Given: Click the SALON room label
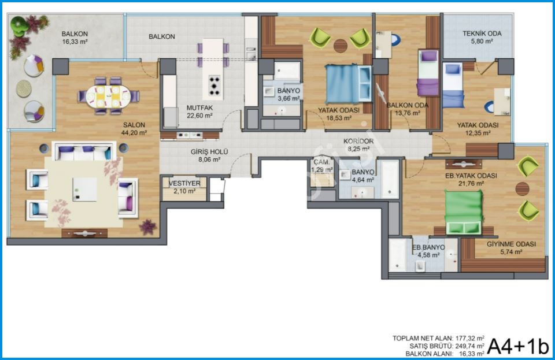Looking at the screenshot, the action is (x=134, y=125).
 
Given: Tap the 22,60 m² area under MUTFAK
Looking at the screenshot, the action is (x=199, y=116).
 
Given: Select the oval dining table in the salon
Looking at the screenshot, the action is (x=108, y=97).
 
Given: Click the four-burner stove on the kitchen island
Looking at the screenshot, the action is (x=214, y=85).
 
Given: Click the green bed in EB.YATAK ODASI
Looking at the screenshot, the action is (x=464, y=212).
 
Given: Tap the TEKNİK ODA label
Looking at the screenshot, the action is (x=482, y=34).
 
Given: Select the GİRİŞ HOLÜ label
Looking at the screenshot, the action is (x=209, y=152).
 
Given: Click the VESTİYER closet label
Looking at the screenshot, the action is (x=184, y=183).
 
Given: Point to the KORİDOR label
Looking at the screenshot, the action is (x=358, y=141).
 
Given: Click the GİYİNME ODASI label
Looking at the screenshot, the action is (x=511, y=244).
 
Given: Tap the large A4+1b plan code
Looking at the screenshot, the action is (x=518, y=346).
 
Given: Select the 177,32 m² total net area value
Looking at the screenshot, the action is (x=469, y=338).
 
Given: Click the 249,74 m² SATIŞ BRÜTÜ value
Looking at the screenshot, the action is (x=469, y=346).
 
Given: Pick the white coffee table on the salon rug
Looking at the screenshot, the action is (x=85, y=189).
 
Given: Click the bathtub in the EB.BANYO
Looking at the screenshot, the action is (x=397, y=255).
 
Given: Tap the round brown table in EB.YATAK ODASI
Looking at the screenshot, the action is (x=522, y=189).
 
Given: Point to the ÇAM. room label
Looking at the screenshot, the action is (x=322, y=162).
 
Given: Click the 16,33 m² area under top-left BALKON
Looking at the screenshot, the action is (x=75, y=42).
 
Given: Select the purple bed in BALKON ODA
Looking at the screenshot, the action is (x=428, y=73).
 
